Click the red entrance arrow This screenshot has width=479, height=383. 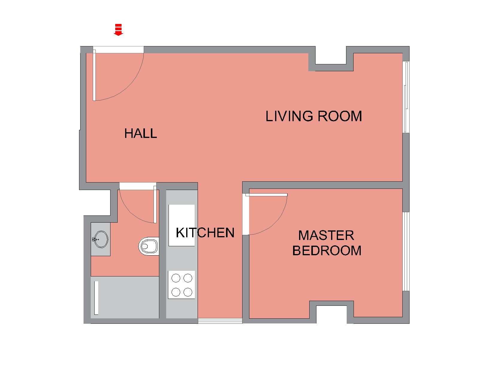(x=119, y=30)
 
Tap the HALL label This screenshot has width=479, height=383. (x=141, y=133)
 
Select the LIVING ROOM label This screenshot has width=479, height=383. (x=314, y=116)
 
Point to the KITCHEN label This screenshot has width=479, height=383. (x=205, y=233)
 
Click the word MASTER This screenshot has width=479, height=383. (x=326, y=235)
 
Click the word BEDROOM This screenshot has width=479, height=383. (x=327, y=250)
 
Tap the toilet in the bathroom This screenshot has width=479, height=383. (x=149, y=246)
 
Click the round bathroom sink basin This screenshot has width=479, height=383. (x=101, y=239)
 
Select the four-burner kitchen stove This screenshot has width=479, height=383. (x=181, y=285)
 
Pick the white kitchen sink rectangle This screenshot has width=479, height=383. (x=181, y=225)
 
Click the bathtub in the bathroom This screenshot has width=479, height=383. (x=125, y=297)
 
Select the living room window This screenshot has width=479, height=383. (x=406, y=97)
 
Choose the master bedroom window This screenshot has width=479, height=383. (x=406, y=251)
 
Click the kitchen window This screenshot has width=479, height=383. (x=220, y=321)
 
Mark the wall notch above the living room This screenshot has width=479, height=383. (x=331, y=58)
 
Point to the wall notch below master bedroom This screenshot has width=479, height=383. (x=332, y=312)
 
